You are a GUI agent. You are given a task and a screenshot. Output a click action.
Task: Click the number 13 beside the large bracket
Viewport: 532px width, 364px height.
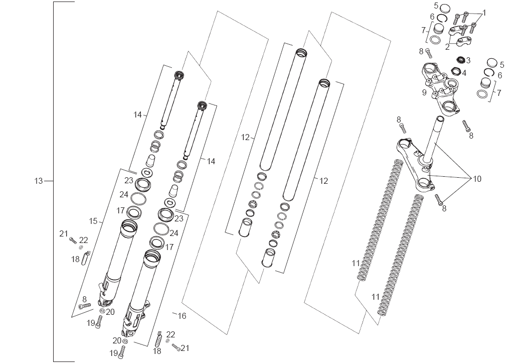(x=39, y=181)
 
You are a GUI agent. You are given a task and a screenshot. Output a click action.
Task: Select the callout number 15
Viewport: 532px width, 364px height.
(x=93, y=221)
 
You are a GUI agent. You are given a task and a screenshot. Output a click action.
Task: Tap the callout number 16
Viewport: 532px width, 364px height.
(x=182, y=316)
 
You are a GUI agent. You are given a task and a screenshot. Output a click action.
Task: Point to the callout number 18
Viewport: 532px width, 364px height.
(x=76, y=259)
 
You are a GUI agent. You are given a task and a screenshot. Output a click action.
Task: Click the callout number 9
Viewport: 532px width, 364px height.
(x=424, y=92)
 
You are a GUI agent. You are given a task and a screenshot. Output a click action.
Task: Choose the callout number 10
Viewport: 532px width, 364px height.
(x=476, y=178)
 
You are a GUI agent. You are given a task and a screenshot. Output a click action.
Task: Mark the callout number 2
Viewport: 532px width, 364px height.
(x=447, y=47)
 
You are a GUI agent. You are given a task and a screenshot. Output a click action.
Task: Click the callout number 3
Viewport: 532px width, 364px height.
(x=468, y=60)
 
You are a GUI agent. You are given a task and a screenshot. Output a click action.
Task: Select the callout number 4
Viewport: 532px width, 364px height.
(x=464, y=73)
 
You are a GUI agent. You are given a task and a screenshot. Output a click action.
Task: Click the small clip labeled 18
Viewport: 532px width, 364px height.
(x=85, y=259)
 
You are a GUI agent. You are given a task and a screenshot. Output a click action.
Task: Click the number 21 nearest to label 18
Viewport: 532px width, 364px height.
(x=63, y=233)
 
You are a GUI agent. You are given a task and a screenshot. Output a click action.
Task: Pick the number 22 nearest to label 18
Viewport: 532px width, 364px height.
(x=84, y=240)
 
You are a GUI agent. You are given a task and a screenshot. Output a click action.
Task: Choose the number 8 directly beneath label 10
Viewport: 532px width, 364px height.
(x=444, y=208)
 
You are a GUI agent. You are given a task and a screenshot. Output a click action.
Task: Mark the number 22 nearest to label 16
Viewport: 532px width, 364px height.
(x=171, y=334)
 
